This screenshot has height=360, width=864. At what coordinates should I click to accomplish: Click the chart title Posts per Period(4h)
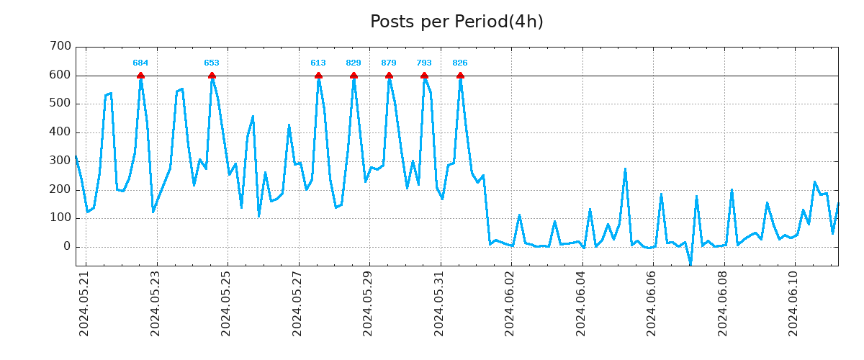pyautogui.click(x=456, y=22)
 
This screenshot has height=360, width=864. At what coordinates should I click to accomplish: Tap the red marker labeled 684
pyautogui.click(x=140, y=76)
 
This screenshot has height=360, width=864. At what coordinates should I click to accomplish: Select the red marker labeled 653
pyautogui.click(x=212, y=76)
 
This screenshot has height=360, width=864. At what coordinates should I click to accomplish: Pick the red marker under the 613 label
pyautogui.click(x=318, y=76)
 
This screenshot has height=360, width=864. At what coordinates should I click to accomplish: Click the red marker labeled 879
pyautogui.click(x=389, y=76)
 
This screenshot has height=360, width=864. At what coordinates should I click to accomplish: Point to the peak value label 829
pyautogui.click(x=354, y=63)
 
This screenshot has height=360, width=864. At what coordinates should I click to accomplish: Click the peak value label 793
pyautogui.click(x=424, y=63)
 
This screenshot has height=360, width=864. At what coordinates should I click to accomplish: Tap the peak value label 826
pyautogui.click(x=460, y=63)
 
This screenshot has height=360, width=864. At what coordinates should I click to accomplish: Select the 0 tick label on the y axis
pyautogui.click(x=67, y=247)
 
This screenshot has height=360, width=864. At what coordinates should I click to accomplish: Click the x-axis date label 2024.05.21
pyautogui.click(x=84, y=304)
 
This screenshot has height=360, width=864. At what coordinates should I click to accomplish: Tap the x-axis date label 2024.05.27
pyautogui.click(x=297, y=304)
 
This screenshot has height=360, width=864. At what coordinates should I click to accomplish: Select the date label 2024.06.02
pyautogui.click(x=510, y=304)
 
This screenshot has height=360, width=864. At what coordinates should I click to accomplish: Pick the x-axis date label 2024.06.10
pyautogui.click(x=793, y=304)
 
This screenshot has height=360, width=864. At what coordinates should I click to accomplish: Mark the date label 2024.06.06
pyautogui.click(x=652, y=304)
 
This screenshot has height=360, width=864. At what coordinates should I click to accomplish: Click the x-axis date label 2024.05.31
pyautogui.click(x=439, y=304)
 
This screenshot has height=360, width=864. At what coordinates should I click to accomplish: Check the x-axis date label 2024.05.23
pyautogui.click(x=156, y=304)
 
